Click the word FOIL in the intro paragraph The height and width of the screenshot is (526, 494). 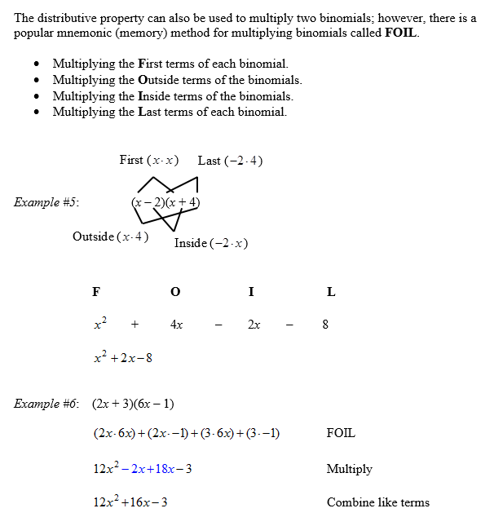point(403,33)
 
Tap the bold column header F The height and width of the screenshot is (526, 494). point(96,292)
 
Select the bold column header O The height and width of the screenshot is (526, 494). point(175,292)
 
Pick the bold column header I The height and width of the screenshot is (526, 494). point(251,292)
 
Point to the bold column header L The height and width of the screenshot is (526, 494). point(330,292)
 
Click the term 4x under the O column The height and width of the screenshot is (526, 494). point(176,325)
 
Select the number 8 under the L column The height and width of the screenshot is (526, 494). point(325,325)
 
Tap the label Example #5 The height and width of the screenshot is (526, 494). point(46,202)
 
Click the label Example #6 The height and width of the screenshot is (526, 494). point(46,404)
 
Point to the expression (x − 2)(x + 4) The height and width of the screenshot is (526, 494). point(165,202)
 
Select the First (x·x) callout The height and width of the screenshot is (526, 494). point(149,160)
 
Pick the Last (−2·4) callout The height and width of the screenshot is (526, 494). point(230,161)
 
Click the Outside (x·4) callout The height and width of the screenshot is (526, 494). point(111,236)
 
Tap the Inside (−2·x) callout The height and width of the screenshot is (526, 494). point(211,243)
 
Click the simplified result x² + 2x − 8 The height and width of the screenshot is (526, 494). point(123,357)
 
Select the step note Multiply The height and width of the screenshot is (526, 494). point(349,469)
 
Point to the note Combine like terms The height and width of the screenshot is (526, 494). point(378,502)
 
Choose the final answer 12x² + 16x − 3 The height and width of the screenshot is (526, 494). point(130,502)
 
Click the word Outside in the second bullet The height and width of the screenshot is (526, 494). point(159,80)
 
